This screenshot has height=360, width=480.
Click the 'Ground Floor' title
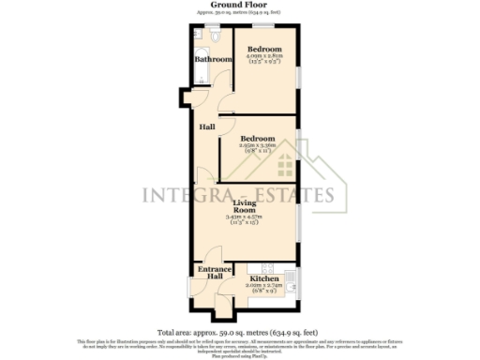click(239, 5)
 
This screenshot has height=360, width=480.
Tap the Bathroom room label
click(212, 60)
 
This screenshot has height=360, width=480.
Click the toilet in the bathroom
click(217, 37)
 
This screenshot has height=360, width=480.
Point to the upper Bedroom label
click(263, 49)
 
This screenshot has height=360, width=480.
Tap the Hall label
click(206, 126)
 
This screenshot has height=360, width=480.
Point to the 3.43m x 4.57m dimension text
click(247, 217)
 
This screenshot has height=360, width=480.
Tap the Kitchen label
click(262, 278)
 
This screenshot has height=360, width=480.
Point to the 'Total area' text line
click(239, 332)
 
